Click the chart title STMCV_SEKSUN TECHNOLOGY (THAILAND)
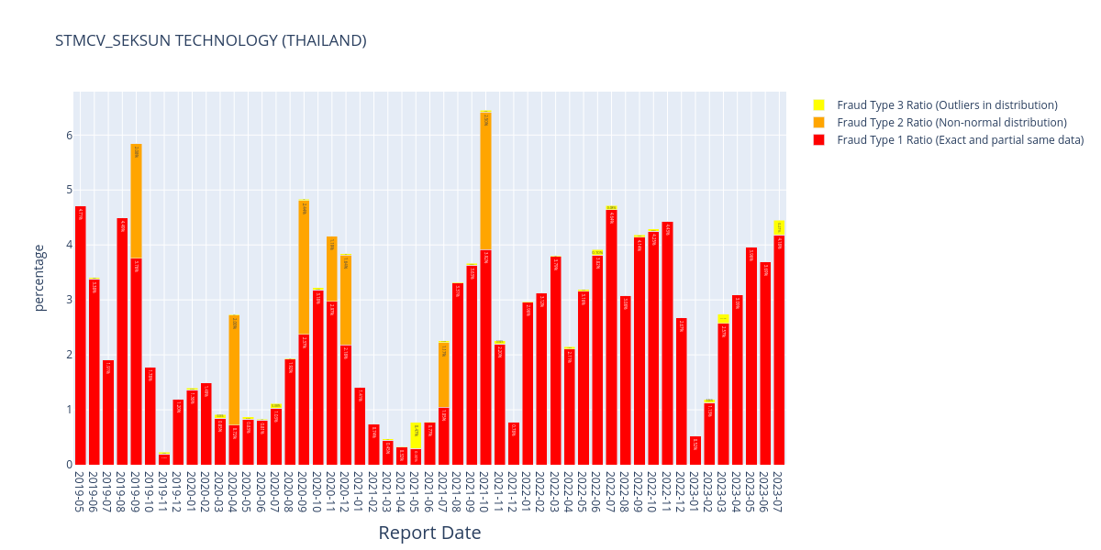210,40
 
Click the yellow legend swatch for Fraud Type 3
818,105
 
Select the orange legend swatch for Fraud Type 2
818,123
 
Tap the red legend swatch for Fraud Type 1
818,140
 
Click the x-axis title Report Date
429,533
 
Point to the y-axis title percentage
39,278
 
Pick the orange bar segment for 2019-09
136,201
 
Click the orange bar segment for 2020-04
234,370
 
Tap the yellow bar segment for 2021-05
416,435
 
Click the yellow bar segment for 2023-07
779,227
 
